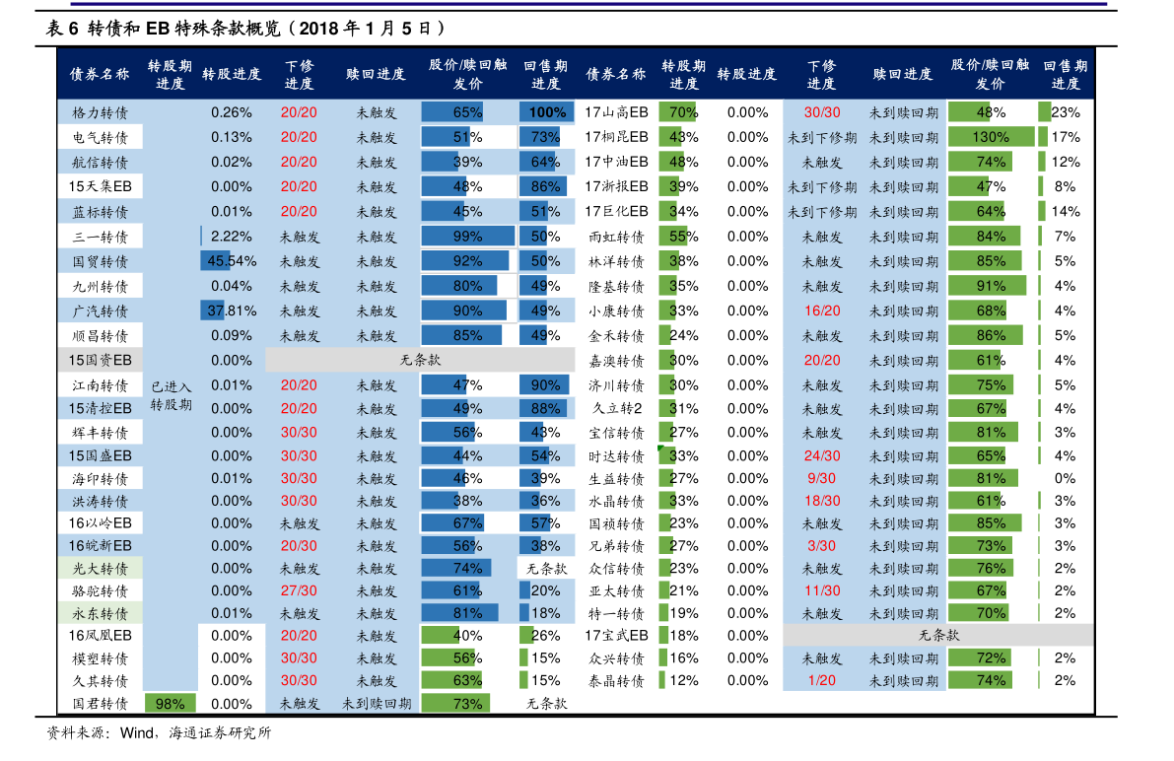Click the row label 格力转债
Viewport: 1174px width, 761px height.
(100, 112)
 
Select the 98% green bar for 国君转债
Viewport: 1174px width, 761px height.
(170, 704)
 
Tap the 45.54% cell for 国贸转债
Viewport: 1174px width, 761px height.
(231, 261)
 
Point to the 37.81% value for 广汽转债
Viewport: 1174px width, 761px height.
(231, 311)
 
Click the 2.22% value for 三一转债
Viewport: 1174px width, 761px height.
(231, 237)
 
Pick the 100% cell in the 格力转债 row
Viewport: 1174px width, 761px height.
(546, 112)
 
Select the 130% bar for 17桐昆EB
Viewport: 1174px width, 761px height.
(991, 137)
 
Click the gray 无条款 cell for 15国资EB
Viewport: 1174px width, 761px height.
(420, 360)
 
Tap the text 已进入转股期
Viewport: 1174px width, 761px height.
(171, 395)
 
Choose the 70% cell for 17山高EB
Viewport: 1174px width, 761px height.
(681, 112)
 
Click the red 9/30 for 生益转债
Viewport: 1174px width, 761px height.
(821, 478)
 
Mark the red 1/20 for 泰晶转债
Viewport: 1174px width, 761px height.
(821, 680)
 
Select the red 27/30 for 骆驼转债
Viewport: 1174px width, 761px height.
(299, 590)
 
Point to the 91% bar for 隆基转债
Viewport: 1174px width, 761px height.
(990, 286)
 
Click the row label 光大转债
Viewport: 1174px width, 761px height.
(100, 568)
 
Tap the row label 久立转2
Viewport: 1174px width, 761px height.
(616, 408)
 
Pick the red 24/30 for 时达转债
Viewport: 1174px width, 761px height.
(821, 455)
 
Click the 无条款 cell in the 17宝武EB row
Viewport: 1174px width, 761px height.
(937, 635)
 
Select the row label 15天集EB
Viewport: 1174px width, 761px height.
(100, 186)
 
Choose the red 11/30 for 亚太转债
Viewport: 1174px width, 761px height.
(821, 590)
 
